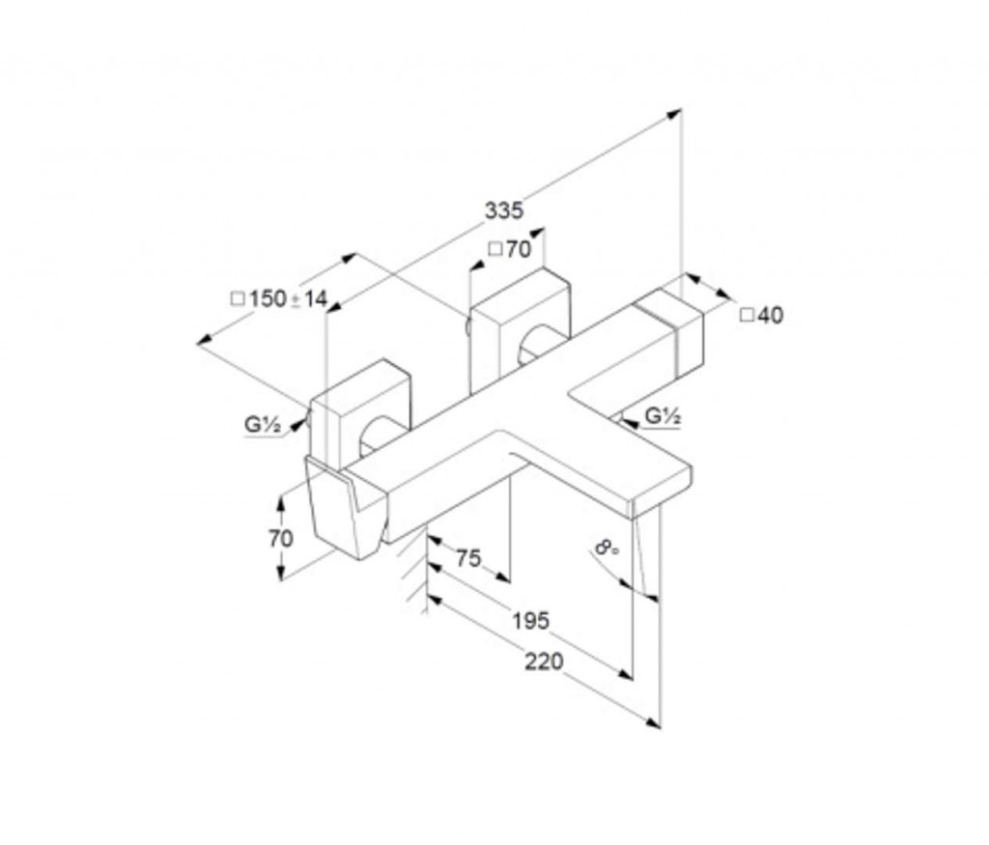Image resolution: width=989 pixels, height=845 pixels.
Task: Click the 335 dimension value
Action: pos(504,210)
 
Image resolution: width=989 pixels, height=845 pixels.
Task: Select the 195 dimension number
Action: pos(530,621)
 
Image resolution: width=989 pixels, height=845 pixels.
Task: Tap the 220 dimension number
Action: pos(544,662)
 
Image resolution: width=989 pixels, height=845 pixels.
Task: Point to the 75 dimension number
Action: pos(468,558)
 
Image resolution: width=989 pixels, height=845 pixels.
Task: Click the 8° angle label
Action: pos(607,547)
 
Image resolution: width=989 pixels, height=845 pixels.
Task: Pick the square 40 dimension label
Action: pos(762,315)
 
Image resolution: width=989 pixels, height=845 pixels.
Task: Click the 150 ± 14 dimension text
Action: pos(279,298)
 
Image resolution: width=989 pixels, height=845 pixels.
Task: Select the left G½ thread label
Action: pos(263,424)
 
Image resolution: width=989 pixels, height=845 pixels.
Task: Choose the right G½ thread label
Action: pos(663,415)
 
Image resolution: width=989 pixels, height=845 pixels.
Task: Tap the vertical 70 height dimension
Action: pos(281,539)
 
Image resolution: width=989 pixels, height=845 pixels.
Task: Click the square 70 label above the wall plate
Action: pos(510,250)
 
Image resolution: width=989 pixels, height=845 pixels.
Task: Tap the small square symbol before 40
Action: pos(747,315)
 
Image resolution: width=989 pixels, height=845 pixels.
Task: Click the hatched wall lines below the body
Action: pos(413,571)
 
